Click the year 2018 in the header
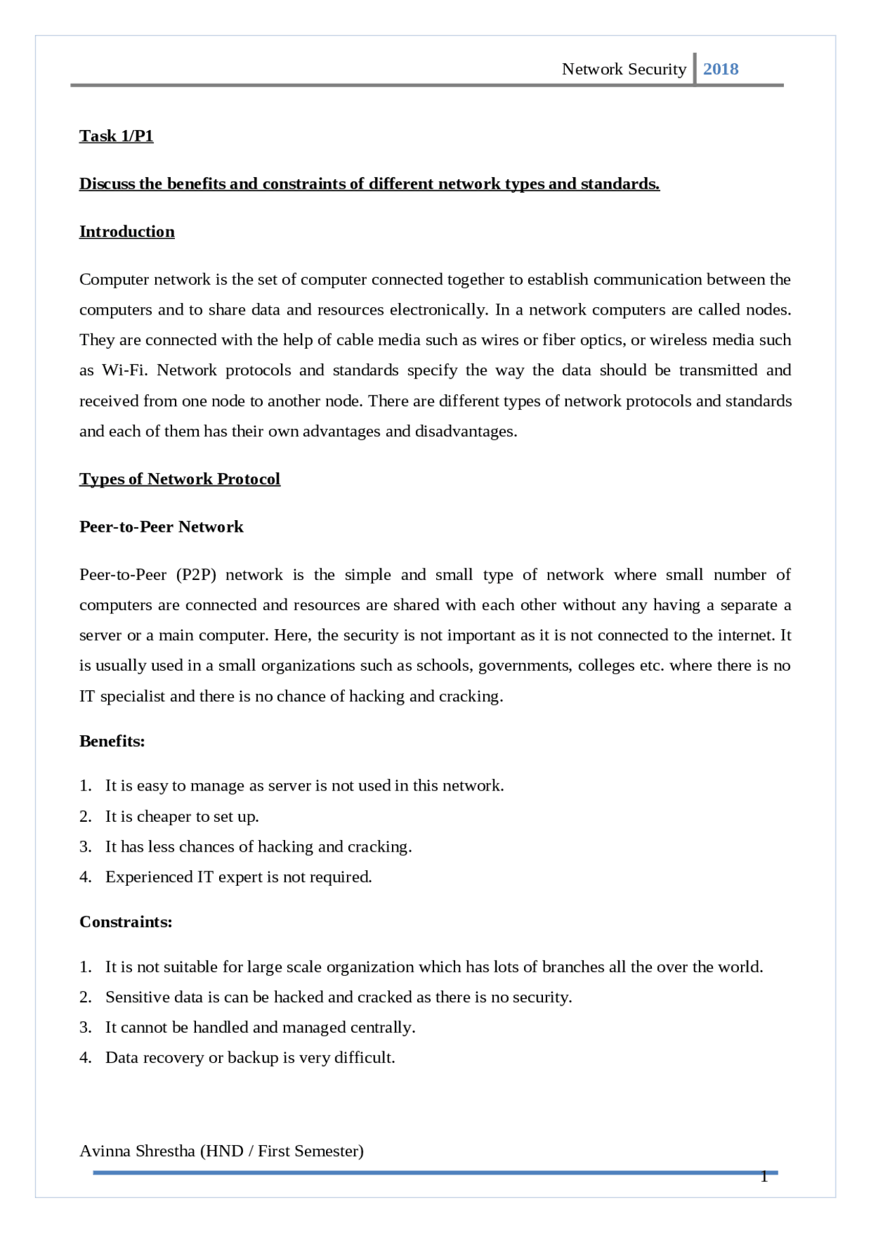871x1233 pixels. (721, 69)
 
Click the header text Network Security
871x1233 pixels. (623, 69)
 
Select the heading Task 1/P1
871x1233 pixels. (116, 136)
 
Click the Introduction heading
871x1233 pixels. (127, 231)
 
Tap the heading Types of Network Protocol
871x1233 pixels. (180, 479)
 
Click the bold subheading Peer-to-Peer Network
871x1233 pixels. (161, 527)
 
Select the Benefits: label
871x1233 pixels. (112, 741)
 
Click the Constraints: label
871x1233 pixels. (126, 922)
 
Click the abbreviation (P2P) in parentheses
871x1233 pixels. (196, 575)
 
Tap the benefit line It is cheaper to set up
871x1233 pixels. (182, 816)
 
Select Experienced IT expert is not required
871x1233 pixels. (238, 877)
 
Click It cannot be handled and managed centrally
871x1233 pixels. (260, 1027)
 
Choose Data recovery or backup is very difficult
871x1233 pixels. (250, 1057)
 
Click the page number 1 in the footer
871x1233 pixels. (764, 1176)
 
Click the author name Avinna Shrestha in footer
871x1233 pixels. (137, 1151)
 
